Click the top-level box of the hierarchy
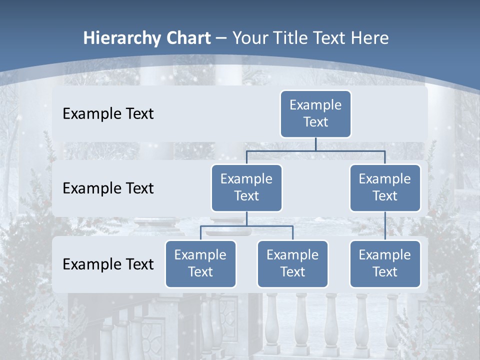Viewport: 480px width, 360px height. [315, 113]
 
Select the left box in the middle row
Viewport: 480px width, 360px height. [246, 187]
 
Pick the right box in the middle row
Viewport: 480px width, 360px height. [385, 187]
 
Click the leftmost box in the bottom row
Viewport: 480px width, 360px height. [200, 263]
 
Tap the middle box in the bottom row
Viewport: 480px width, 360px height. [292, 263]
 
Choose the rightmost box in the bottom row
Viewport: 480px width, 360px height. [385, 263]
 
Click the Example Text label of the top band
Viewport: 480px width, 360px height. [108, 114]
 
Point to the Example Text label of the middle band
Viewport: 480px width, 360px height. [108, 188]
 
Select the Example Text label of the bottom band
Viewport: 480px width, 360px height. [108, 264]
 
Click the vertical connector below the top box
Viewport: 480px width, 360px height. [315, 144]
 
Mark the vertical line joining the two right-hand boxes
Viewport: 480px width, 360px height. [385, 226]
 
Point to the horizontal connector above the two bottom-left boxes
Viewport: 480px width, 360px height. [246, 226]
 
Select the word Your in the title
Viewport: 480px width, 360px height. [248, 38]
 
